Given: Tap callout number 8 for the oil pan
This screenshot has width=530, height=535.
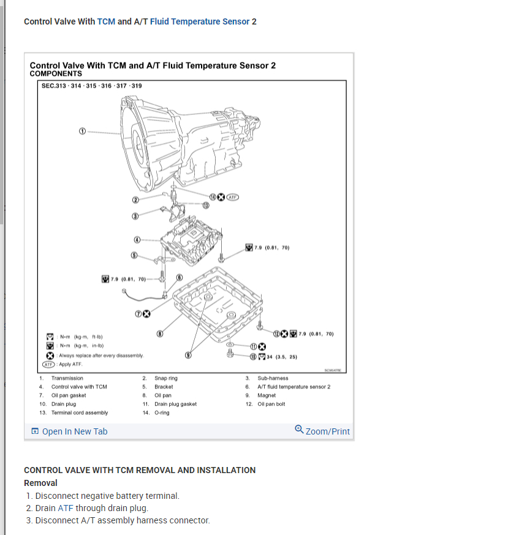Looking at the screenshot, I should coord(160,334).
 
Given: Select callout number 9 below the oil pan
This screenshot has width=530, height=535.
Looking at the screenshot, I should coord(189,354).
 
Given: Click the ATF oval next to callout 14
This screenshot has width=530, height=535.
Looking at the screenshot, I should coord(232,197).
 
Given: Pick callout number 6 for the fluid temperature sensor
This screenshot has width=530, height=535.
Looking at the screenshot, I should coord(180,277).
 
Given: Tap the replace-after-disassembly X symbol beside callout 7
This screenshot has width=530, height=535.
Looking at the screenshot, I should coord(147,314).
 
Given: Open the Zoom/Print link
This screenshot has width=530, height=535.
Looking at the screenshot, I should coord(322,431).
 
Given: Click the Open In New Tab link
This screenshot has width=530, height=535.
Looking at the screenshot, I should coord(69,431).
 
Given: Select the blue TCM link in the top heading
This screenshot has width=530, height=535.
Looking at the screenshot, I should coord(106,21).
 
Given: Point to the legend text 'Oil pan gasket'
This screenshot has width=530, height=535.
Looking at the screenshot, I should coord(69,395).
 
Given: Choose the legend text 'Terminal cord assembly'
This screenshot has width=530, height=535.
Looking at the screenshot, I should coord(80,412).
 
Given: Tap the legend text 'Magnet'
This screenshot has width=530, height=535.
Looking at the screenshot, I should coord(267,395).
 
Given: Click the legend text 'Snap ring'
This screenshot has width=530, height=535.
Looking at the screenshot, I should coord(165,378).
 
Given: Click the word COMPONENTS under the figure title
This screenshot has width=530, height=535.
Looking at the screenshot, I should coord(56,74).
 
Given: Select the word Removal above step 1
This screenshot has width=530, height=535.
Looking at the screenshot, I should coord(40,483).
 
